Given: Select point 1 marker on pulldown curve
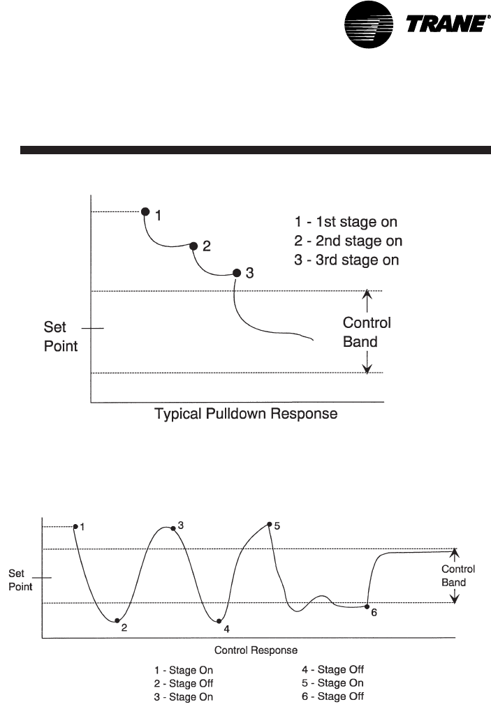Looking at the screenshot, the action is pos(145,211).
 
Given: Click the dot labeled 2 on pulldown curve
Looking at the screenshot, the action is pos(193,245).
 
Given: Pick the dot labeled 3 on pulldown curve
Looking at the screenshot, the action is pos(236,273).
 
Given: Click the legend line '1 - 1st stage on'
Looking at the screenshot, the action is pos(345,223).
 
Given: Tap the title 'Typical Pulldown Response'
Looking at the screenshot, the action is pos(245,415).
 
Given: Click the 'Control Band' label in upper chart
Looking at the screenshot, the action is pos(366,332).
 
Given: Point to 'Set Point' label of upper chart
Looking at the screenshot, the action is pos(61,336).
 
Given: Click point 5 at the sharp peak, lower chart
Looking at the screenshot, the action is pos(269,524).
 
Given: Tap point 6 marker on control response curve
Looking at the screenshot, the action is pos(367,606).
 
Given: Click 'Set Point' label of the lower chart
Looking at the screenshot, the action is pos(20,580).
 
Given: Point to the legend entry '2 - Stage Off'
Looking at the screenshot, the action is pos(184,683).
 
